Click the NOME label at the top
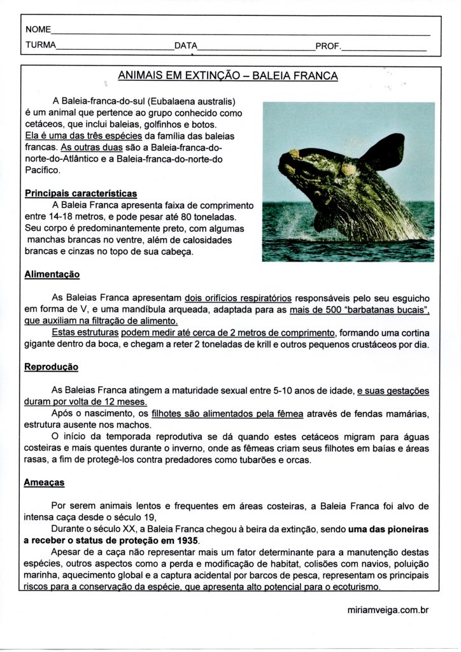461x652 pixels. pyautogui.click(x=38, y=30)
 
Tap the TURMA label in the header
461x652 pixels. pyautogui.click(x=41, y=45)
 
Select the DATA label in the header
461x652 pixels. pyautogui.click(x=185, y=46)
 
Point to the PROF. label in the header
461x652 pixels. pyautogui.click(x=328, y=46)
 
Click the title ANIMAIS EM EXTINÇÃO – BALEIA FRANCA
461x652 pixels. pyautogui.click(x=228, y=76)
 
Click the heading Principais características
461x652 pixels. pyautogui.click(x=80, y=193)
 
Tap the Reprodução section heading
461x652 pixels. pyautogui.click(x=51, y=367)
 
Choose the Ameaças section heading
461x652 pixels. pyautogui.click(x=45, y=483)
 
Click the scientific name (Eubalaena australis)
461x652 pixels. pyautogui.click(x=192, y=101)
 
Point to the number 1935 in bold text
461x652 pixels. pyautogui.click(x=195, y=541)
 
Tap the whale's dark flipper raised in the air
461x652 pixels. pyautogui.click(x=382, y=151)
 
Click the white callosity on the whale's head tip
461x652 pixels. pyautogui.click(x=294, y=153)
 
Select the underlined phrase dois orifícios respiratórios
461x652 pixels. pyautogui.click(x=238, y=297)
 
